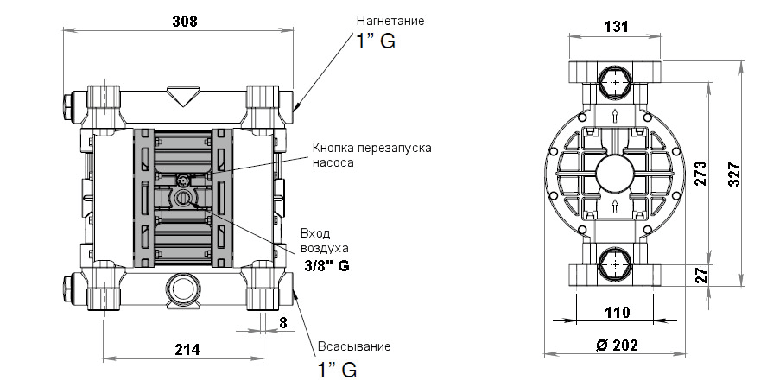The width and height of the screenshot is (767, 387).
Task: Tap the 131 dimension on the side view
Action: click(x=614, y=27)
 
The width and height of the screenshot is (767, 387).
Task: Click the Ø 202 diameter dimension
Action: click(x=617, y=345)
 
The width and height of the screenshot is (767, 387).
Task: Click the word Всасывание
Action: click(x=353, y=346)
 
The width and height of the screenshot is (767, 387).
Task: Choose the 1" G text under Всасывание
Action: click(x=334, y=370)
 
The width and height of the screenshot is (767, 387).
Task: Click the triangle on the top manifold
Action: click(x=183, y=95)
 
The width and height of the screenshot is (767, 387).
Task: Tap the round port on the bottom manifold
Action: click(x=183, y=289)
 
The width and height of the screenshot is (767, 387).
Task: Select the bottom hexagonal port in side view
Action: click(x=614, y=264)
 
